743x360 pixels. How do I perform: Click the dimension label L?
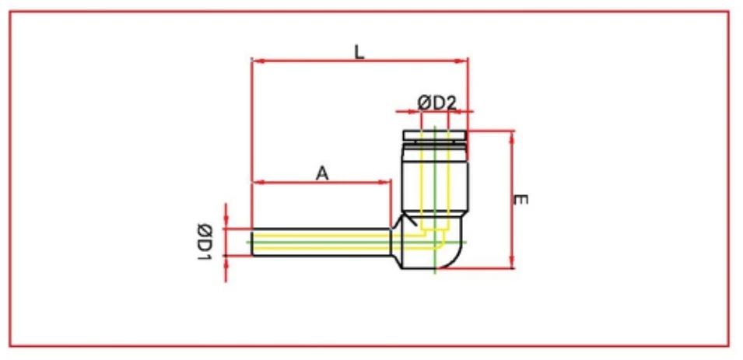coord(359,53)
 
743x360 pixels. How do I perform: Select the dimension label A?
coord(322,173)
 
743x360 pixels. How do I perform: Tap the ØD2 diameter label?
coord(436,103)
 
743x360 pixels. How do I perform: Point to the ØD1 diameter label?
coord(205,242)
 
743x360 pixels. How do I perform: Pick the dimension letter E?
coord(520,200)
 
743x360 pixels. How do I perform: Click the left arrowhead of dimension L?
coord(256,61)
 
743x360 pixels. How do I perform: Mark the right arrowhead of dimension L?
coord(464,61)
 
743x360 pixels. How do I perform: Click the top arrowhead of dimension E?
coord(513,135)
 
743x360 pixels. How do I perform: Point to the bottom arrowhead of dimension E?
coord(513,264)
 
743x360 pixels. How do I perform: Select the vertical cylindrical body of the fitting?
coord(434,179)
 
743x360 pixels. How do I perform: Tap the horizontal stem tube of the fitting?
coord(319,242)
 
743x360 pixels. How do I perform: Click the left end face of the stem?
coord(252,242)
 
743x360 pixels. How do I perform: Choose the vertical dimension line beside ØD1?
coord(226,242)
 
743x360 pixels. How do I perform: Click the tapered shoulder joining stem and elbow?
coord(395,241)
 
